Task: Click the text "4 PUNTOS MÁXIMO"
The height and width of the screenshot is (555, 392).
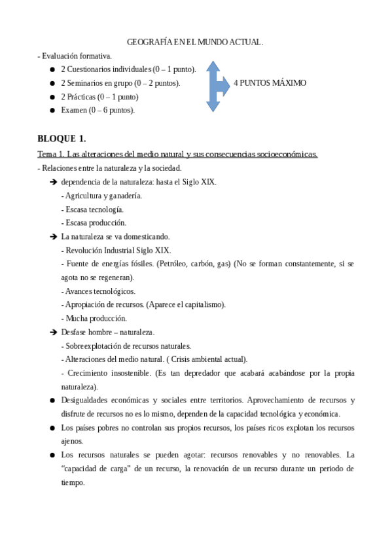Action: (270, 83)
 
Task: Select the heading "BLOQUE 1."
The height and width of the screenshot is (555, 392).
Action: (62, 139)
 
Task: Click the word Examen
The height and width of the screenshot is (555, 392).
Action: (73, 110)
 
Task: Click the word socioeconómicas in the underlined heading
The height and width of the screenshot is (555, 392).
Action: (285, 154)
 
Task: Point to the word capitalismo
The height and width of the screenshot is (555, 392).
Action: (204, 305)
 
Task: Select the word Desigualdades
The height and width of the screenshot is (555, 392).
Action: (86, 400)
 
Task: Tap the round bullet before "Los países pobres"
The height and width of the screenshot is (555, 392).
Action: (52, 427)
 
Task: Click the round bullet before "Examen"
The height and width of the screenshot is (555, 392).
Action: (52, 111)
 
